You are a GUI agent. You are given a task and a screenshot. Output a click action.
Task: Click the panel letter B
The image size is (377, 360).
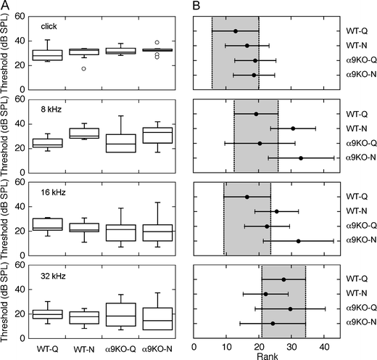tap(196, 5)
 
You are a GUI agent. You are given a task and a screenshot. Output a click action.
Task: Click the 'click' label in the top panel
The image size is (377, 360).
tap(51, 26)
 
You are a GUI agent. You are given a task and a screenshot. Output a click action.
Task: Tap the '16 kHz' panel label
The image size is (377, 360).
tap(55, 193)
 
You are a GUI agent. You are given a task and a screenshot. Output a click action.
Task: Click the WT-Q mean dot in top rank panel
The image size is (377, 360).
tap(236, 31)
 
